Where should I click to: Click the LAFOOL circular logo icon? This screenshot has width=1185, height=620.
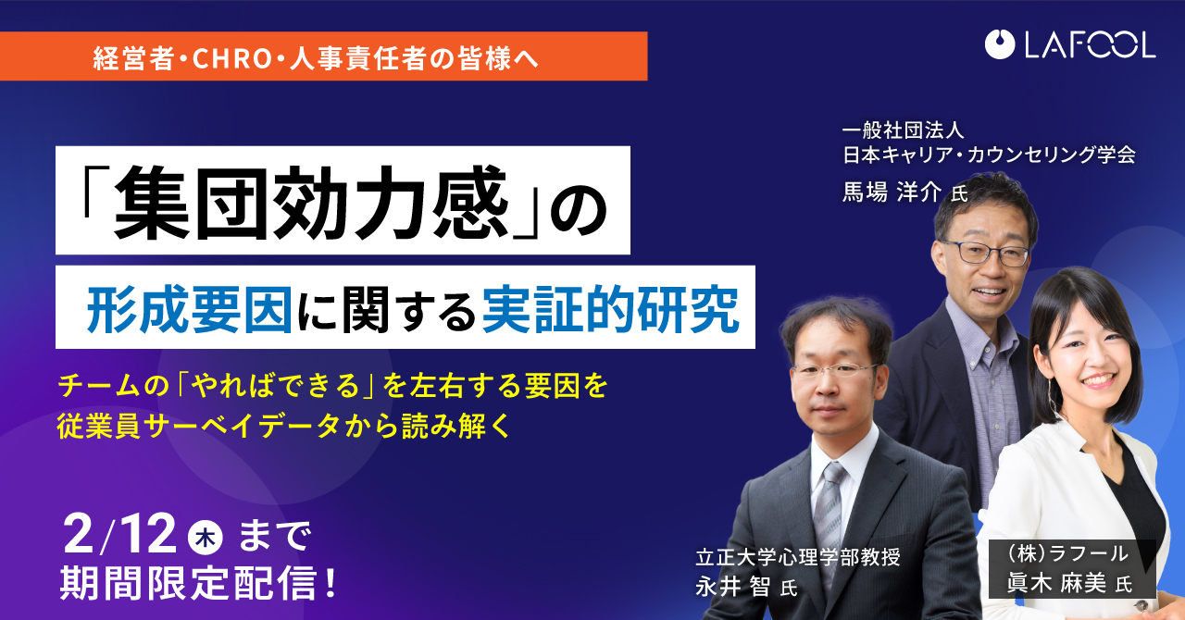click(1000, 44)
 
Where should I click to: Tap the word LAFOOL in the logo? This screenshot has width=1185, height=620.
click(1090, 44)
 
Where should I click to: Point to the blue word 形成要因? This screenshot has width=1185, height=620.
click(190, 309)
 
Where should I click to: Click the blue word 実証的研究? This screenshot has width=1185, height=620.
click(610, 309)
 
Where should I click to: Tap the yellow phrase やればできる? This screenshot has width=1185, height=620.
click(275, 386)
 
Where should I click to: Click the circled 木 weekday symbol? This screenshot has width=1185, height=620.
click(206, 538)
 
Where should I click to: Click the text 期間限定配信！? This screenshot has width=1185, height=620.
click(198, 584)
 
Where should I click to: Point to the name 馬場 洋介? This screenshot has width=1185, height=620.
click(892, 192)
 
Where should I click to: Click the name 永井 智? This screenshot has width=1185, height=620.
click(732, 586)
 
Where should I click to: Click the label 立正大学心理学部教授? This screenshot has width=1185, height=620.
click(798, 557)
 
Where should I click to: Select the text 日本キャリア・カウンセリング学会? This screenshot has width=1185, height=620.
click(989, 155)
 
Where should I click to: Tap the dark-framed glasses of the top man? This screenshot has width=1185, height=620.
click(984, 253)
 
